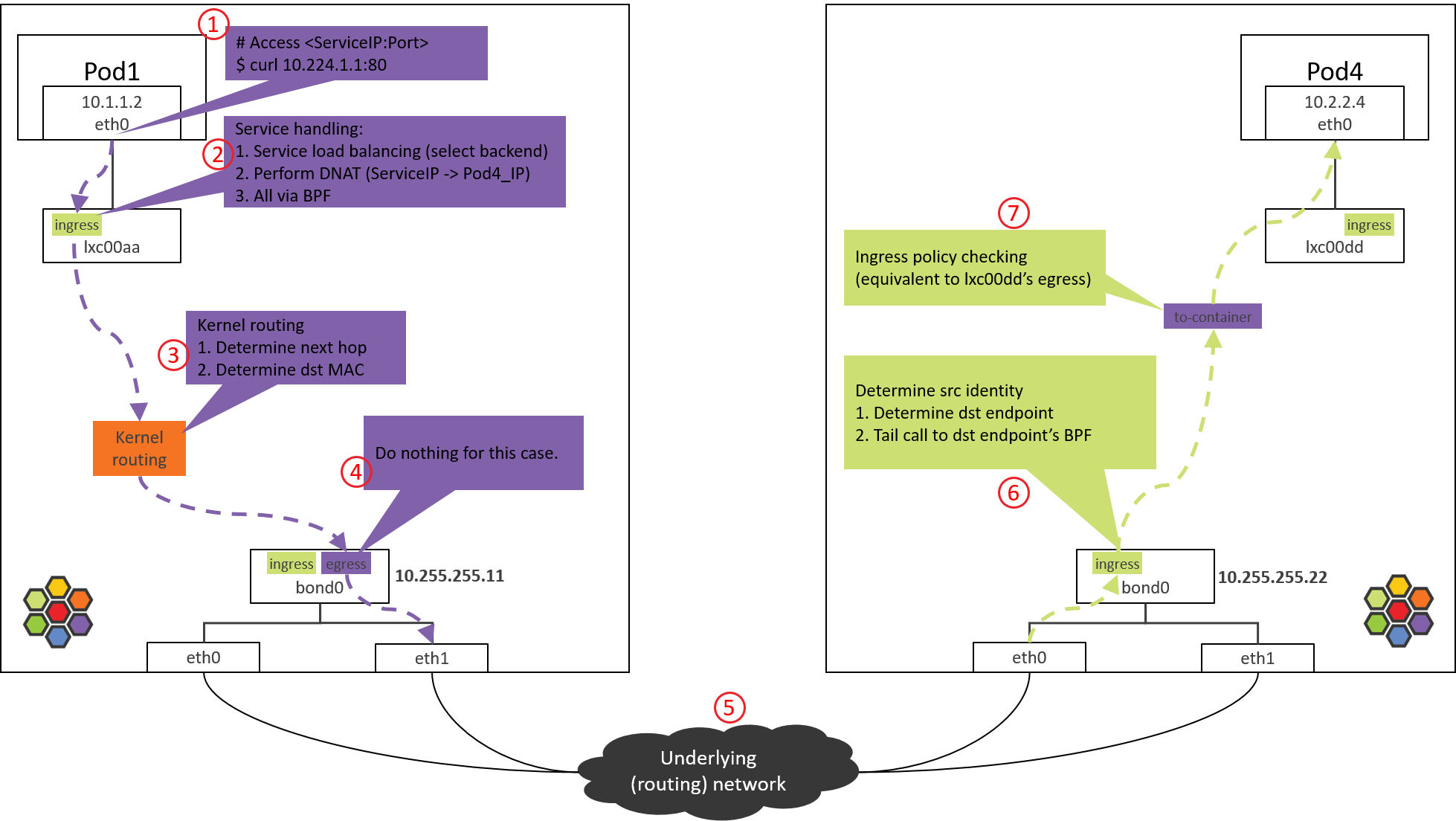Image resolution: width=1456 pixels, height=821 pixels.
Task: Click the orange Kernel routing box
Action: [139, 448]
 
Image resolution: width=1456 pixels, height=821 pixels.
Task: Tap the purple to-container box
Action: [1212, 317]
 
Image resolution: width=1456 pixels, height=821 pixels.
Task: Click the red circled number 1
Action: [213, 25]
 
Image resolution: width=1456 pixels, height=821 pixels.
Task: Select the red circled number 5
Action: [729, 707]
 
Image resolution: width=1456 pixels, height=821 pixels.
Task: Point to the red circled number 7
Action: [1013, 213]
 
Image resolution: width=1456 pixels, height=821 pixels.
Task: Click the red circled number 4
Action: [355, 472]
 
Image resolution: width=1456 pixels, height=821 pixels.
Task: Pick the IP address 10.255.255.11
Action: [449, 576]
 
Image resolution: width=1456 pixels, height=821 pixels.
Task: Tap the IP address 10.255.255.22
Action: [1272, 577]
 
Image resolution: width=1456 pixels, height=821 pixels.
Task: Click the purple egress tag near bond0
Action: [346, 564]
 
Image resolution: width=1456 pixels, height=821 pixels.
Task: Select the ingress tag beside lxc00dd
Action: [1368, 225]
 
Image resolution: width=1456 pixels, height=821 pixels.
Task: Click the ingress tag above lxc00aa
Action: [77, 225]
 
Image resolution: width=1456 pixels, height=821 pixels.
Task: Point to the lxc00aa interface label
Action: [112, 248]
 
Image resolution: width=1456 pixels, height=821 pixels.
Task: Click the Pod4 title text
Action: [1334, 71]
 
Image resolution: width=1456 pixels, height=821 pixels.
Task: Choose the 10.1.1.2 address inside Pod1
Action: [112, 102]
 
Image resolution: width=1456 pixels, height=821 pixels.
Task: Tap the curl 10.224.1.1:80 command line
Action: [312, 65]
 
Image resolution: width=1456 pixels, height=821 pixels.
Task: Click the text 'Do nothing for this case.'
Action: [466, 453]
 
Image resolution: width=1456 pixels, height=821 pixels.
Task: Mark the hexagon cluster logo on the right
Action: [1398, 611]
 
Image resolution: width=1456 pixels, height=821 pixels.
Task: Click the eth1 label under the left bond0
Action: [431, 658]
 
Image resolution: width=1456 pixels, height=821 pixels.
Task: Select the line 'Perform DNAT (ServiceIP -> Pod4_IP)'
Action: [383, 173]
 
